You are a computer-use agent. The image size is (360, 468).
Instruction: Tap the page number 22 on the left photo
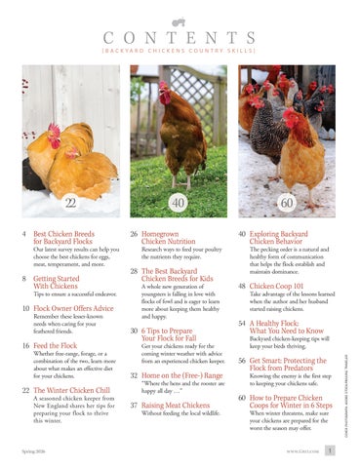point(70,203)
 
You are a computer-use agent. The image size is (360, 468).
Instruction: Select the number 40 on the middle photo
point(179,203)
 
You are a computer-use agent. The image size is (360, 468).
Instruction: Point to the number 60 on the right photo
point(289,203)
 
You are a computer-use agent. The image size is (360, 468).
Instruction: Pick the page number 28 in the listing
point(137,274)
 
